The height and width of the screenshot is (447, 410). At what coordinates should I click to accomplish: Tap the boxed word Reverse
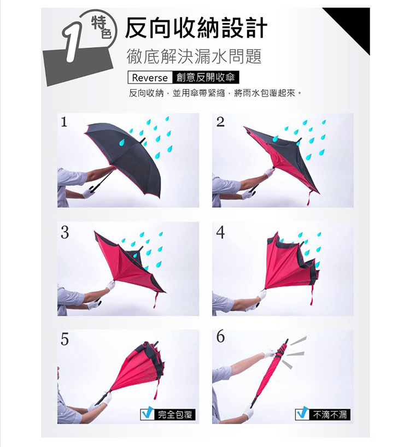click(150, 78)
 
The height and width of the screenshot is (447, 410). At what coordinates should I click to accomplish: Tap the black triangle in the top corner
click(353, 25)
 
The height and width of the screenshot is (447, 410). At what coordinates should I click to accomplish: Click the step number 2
click(220, 122)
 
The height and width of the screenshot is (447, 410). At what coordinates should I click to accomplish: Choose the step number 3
click(65, 233)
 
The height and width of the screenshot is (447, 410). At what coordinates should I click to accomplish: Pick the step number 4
click(220, 233)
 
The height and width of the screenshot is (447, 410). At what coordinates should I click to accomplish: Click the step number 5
click(65, 339)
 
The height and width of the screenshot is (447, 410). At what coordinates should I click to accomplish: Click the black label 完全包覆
click(175, 415)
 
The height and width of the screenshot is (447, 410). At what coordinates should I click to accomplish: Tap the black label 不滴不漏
click(330, 415)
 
